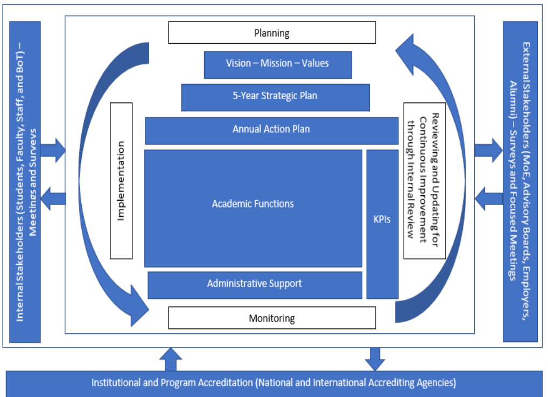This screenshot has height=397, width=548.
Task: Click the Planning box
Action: (x=272, y=33)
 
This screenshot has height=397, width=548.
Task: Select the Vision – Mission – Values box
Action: (x=277, y=64)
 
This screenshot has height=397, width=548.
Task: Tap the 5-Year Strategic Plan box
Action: (x=275, y=97)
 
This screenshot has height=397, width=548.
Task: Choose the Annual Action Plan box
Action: (x=271, y=129)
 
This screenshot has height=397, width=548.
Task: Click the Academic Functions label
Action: (x=253, y=204)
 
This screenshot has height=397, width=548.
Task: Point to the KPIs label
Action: (x=382, y=220)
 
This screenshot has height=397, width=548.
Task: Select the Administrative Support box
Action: (x=255, y=284)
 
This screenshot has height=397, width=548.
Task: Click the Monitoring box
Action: (x=272, y=318)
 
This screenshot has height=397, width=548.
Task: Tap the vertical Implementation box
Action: (x=121, y=181)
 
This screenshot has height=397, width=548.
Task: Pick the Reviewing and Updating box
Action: (x=425, y=181)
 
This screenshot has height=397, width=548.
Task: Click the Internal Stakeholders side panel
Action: (x=25, y=181)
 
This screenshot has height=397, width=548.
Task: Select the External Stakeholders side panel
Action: (x=520, y=181)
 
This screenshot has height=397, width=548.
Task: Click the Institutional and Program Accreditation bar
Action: (x=273, y=384)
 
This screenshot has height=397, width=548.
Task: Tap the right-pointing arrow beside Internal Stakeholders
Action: (x=53, y=149)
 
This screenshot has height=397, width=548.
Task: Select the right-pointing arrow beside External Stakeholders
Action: (x=488, y=149)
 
